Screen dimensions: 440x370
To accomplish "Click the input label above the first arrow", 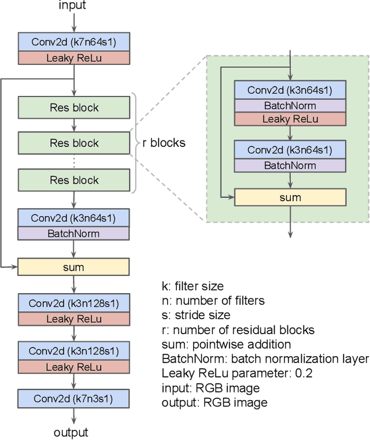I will tap(72, 6).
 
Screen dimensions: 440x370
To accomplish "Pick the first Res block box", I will tap(73, 108).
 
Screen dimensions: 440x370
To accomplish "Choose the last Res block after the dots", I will tap(73, 180).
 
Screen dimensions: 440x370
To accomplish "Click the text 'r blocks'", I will tap(164, 143).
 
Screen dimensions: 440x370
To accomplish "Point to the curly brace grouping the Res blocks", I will tap(136, 143).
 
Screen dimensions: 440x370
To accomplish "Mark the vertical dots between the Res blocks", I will tap(73, 162).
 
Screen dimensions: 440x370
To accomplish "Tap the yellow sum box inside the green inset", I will tap(290, 198).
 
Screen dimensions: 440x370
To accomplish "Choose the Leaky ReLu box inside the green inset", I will tap(290, 119).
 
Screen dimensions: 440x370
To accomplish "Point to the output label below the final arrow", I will tap(71, 432).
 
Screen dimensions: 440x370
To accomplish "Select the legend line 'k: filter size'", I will tap(192, 286).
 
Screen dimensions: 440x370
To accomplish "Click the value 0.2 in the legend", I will tap(304, 374).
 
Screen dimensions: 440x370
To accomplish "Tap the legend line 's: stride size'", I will tap(195, 315).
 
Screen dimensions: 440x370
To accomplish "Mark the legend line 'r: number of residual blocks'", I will tap(238, 330).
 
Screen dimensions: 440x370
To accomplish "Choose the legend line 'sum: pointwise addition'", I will tap(226, 345).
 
